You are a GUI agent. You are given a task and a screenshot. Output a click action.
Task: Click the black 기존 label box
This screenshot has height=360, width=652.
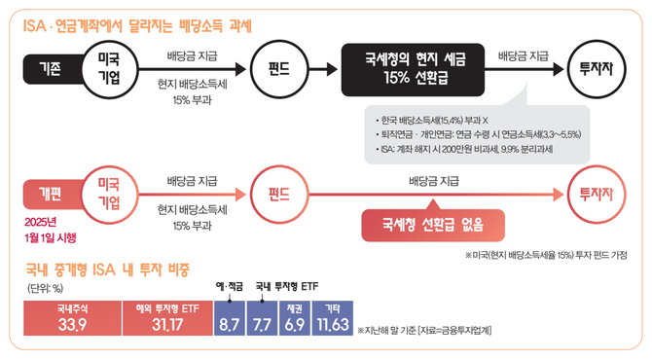(x=49, y=69)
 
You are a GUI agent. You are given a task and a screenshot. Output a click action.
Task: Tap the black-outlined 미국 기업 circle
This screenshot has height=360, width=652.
(x=109, y=69)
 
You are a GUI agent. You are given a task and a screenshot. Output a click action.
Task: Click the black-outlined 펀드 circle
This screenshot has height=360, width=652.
(x=293, y=69)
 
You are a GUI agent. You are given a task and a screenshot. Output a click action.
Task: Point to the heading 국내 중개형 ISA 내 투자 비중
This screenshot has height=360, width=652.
(x=106, y=267)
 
